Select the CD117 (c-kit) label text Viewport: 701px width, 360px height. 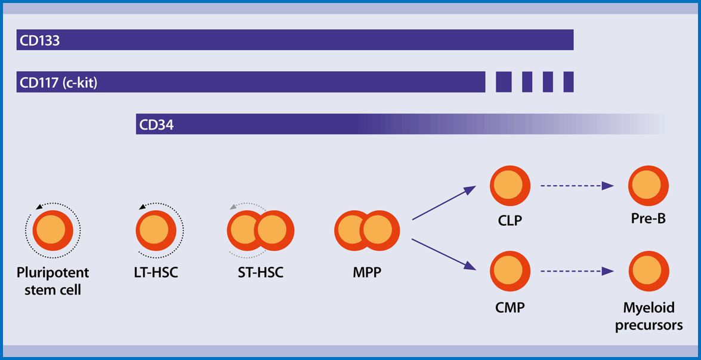pyautogui.click(x=58, y=83)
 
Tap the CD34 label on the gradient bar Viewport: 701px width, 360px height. pyautogui.click(x=156, y=125)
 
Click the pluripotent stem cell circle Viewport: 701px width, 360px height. pyautogui.click(x=53, y=230)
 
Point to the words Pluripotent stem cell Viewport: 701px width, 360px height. pyautogui.click(x=53, y=281)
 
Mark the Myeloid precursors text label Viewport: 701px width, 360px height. pyautogui.click(x=648, y=316)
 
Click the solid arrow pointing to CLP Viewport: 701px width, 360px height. pyautogui.click(x=444, y=203)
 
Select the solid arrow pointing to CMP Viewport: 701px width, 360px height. pyautogui.click(x=444, y=254)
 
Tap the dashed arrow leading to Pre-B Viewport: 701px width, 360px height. pyautogui.click(x=577, y=186)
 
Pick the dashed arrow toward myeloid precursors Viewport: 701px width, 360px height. pyautogui.click(x=577, y=271)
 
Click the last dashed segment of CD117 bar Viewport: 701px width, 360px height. pyautogui.click(x=568, y=82)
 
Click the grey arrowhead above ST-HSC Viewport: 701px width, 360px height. pyautogui.click(x=233, y=207)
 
